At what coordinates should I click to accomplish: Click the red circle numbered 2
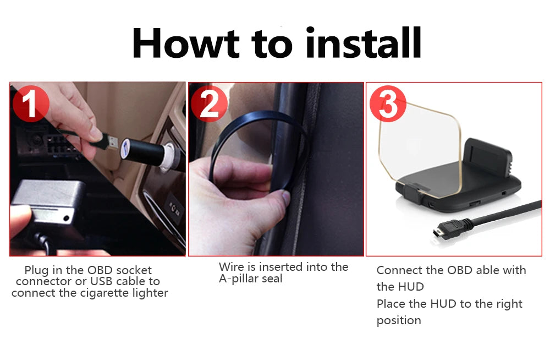pyautogui.click(x=210, y=103)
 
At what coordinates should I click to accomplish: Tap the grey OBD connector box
pyautogui.click(x=47, y=204)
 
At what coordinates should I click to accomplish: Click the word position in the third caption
pyautogui.click(x=399, y=321)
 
